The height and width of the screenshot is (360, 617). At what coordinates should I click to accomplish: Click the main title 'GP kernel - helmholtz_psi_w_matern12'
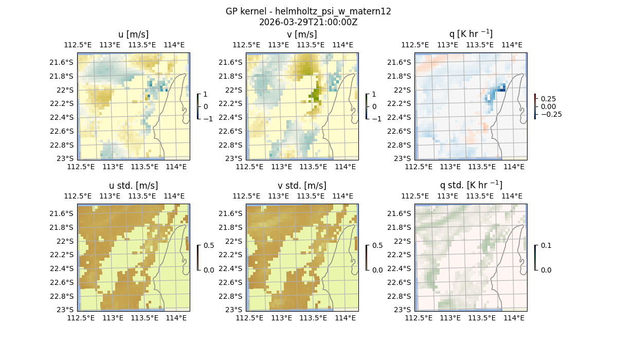point(308,11)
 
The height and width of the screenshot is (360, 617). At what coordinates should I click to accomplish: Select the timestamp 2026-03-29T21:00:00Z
point(308,22)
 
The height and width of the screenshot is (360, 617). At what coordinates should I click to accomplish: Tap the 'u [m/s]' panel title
point(133,34)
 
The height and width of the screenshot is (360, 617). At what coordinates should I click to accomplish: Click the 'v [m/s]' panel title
point(302,34)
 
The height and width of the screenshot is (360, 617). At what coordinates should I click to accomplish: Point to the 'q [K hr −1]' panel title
point(470,34)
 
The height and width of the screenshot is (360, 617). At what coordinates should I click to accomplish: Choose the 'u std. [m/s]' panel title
point(133,186)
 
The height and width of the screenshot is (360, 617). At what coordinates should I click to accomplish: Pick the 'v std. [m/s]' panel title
point(302,186)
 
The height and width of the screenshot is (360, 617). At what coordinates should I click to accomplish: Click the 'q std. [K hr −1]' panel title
point(470,185)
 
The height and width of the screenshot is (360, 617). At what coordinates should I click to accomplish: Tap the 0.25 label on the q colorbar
point(548,99)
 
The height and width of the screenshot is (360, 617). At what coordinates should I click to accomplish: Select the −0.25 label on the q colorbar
point(551,114)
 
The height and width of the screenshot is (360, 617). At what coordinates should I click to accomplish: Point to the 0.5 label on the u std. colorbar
point(208,246)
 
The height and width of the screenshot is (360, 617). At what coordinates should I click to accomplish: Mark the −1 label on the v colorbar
point(376,118)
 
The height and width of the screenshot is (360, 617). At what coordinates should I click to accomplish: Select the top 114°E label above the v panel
point(343,45)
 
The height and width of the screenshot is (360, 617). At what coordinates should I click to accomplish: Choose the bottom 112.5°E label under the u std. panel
point(81,318)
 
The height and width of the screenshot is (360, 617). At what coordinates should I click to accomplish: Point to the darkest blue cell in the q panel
point(503,89)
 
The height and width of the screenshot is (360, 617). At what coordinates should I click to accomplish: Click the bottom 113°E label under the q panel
point(450,167)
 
